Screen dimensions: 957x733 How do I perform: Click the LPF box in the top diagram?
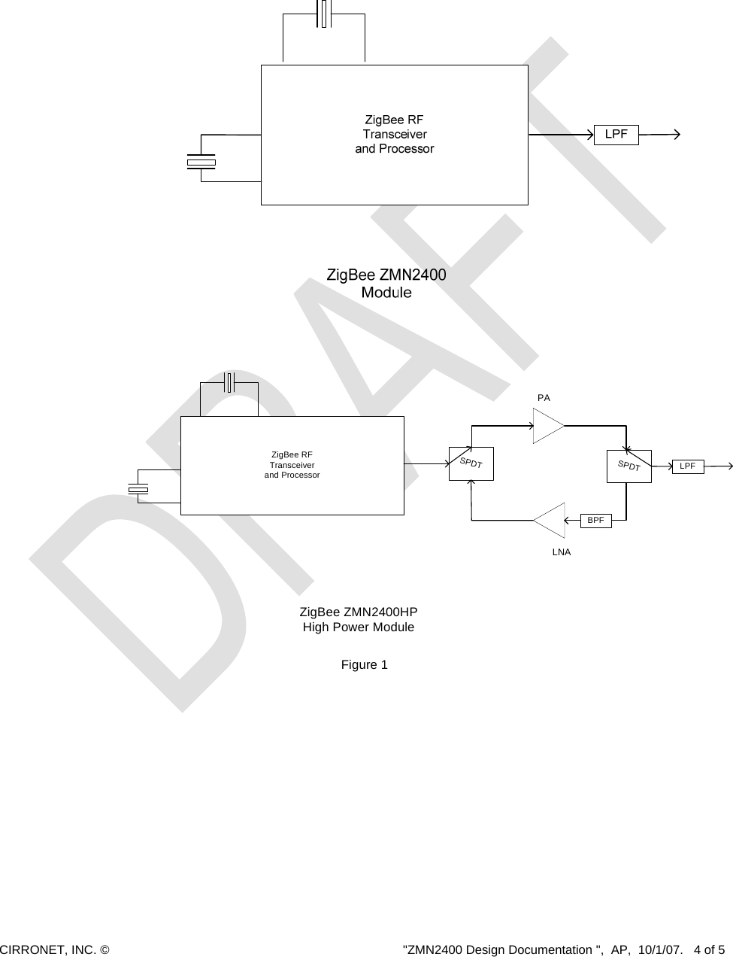click(x=616, y=135)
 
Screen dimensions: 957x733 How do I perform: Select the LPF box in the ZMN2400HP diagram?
click(x=687, y=466)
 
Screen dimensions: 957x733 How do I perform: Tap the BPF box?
click(x=595, y=520)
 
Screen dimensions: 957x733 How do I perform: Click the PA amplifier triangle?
click(x=547, y=426)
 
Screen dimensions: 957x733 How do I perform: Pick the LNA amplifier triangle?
click(x=551, y=520)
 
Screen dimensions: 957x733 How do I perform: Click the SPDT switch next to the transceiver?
click(x=471, y=463)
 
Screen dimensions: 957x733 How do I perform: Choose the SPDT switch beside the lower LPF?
click(x=629, y=466)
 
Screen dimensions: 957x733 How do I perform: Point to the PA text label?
click(x=544, y=397)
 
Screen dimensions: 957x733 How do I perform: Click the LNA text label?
click(x=562, y=552)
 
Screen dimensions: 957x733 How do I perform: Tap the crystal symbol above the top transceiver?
click(x=324, y=14)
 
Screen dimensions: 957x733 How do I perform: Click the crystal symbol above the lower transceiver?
click(x=230, y=382)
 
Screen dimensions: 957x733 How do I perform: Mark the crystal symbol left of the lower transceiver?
click(x=138, y=490)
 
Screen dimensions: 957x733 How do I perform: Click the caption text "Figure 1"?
click(x=365, y=665)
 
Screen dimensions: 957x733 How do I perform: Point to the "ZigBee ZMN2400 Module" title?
click(x=386, y=283)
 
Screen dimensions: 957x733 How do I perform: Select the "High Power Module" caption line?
click(x=358, y=627)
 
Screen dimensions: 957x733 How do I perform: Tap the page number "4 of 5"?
click(x=710, y=949)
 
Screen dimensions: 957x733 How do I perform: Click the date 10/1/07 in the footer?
click(x=656, y=949)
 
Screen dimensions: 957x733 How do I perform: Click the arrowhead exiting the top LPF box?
click(x=677, y=135)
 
